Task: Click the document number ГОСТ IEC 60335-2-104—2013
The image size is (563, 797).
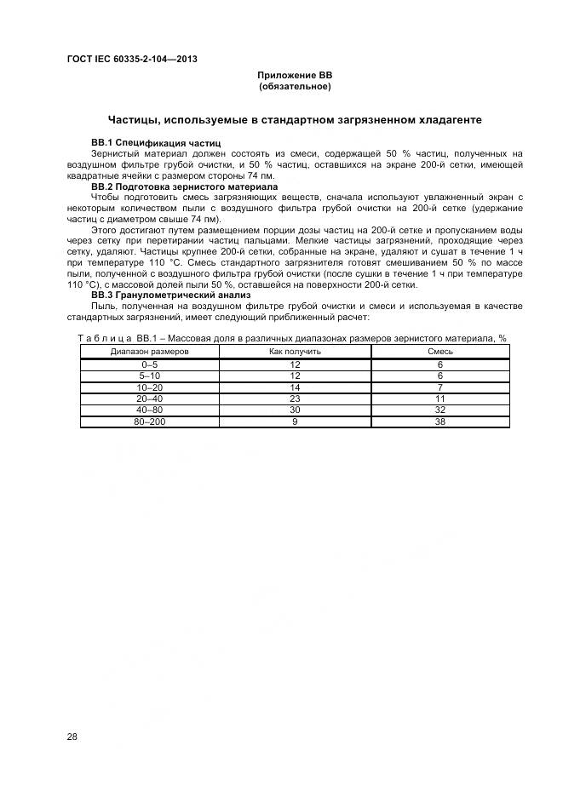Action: click(131, 59)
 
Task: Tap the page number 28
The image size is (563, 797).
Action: click(72, 737)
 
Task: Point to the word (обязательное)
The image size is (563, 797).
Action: click(294, 87)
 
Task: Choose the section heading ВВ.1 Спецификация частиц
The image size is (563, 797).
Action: click(156, 142)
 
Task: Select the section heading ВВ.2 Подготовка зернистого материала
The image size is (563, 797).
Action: click(184, 186)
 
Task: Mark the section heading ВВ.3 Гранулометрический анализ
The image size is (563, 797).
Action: click(170, 296)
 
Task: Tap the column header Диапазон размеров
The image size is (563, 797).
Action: click(150, 351)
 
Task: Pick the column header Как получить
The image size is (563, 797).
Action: click(295, 351)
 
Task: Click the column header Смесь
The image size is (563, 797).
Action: click(439, 351)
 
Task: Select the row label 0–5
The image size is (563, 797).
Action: click(150, 364)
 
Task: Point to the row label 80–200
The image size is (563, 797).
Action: click(150, 421)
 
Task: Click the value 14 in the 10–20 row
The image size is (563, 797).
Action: click(295, 387)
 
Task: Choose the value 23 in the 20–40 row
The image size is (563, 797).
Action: click(295, 398)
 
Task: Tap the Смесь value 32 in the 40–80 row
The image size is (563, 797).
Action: click(439, 409)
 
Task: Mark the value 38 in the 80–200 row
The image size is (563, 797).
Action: click(439, 421)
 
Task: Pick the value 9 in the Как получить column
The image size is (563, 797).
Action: click(295, 421)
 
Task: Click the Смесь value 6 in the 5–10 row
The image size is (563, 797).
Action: click(439, 376)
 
